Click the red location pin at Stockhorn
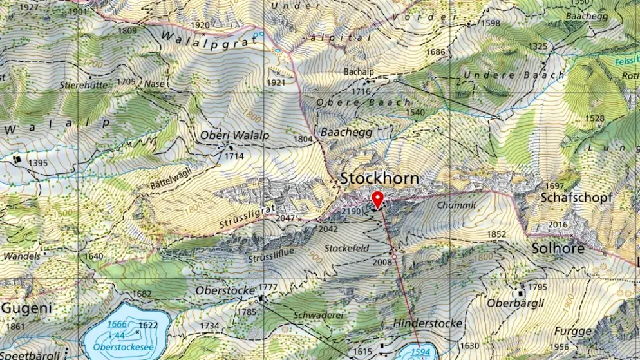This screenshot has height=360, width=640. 377,199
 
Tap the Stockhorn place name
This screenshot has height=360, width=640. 379,178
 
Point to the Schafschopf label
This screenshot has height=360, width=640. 576,197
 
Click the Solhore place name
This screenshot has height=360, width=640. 558,248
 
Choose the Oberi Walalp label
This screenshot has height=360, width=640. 234,135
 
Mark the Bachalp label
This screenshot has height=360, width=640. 359,71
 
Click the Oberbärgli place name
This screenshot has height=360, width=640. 516,303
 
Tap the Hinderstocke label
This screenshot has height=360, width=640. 428,323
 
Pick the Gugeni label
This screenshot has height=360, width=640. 26,308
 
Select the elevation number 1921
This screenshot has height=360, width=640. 276,82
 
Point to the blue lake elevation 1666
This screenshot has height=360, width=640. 117,324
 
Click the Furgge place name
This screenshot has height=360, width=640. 572,331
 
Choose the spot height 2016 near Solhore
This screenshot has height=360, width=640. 558,224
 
